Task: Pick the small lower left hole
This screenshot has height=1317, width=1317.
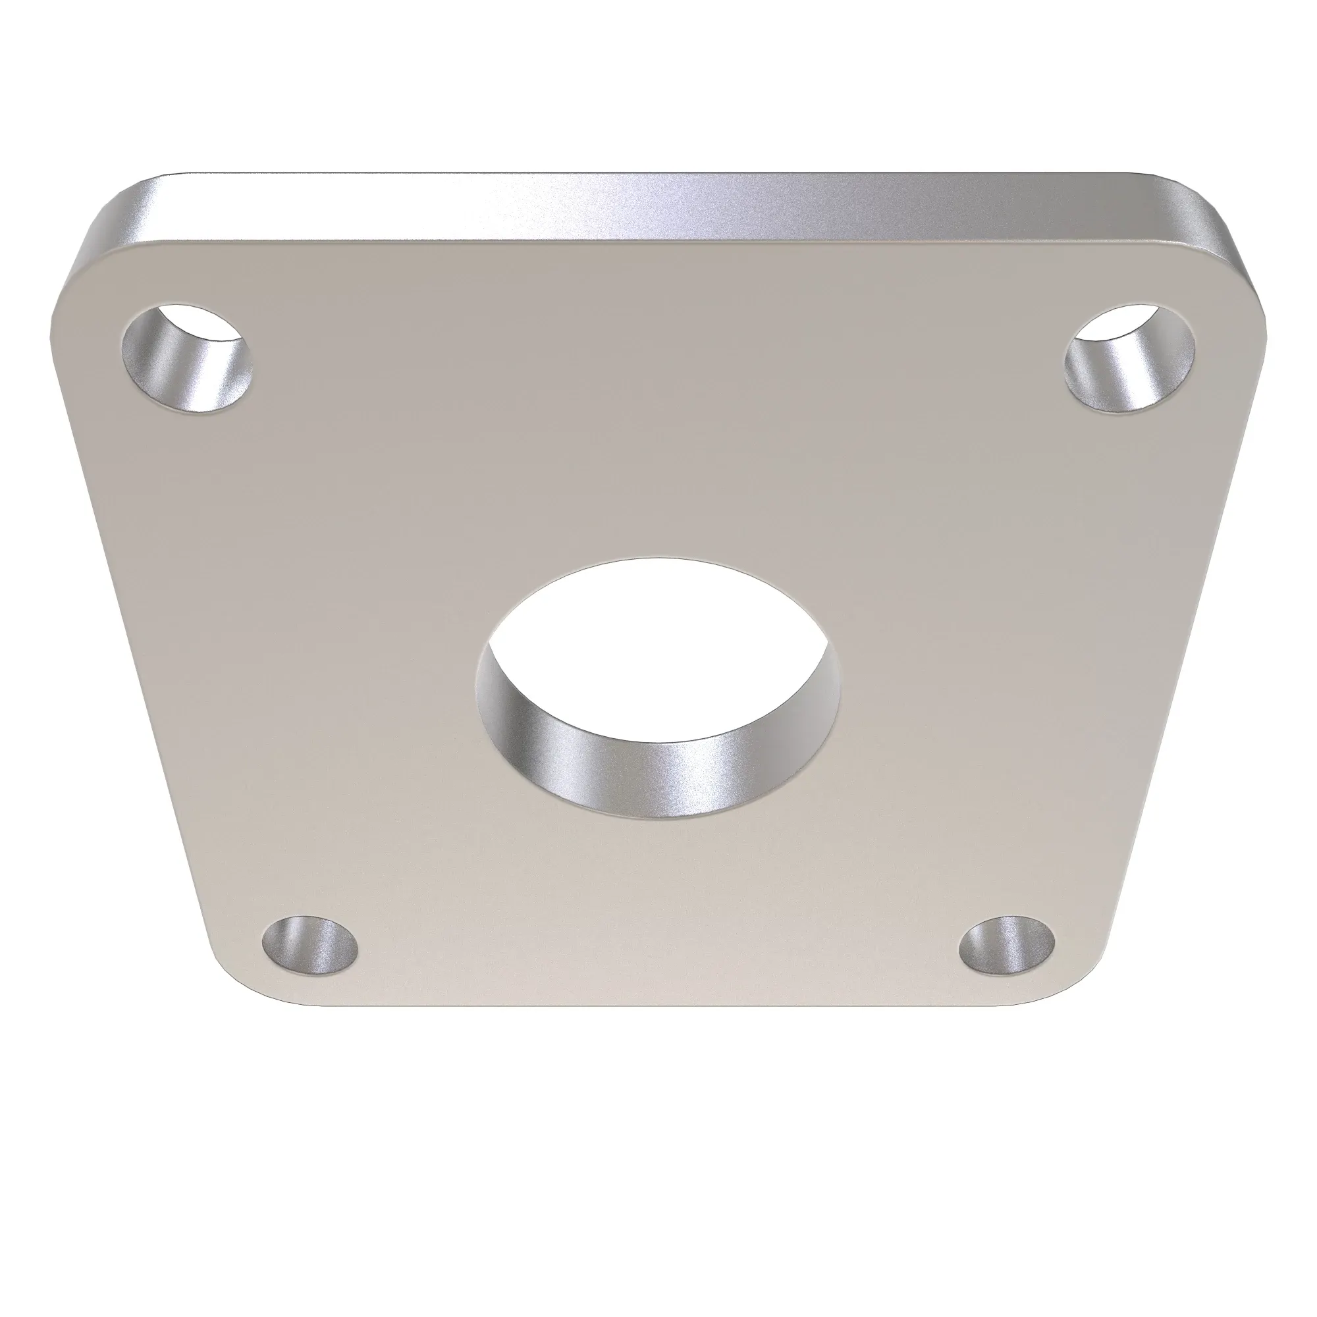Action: click(x=311, y=947)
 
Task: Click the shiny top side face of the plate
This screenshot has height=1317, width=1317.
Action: click(x=655, y=205)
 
